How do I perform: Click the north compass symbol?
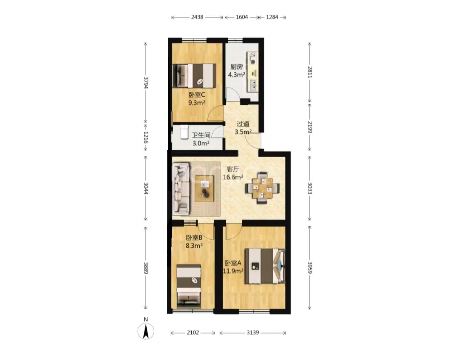click(x=145, y=329)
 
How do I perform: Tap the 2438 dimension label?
click(x=197, y=17)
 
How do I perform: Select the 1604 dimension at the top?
click(x=242, y=17)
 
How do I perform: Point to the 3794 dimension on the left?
click(x=145, y=82)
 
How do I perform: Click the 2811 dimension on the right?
click(x=310, y=72)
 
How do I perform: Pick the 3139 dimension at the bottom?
click(x=253, y=333)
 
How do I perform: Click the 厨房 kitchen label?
click(x=237, y=67)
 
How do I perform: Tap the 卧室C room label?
click(x=197, y=95)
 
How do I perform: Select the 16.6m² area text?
click(x=233, y=177)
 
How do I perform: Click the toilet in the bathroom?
click(x=184, y=132)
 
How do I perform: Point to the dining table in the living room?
click(x=262, y=188)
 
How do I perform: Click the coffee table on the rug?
click(x=204, y=188)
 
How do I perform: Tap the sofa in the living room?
click(x=181, y=189)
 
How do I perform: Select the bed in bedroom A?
click(x=265, y=266)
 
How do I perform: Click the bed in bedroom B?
click(x=189, y=286)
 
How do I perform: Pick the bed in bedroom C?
click(x=195, y=76)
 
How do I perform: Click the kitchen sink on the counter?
click(x=253, y=85)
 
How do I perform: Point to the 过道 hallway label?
click(x=243, y=124)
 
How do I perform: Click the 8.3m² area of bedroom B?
click(x=194, y=246)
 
